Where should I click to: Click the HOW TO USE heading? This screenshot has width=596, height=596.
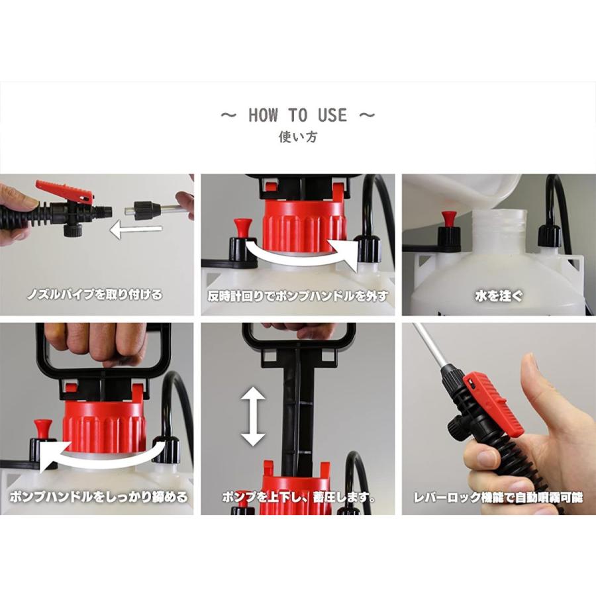tap(297, 115)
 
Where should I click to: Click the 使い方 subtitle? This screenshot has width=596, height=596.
tap(297, 137)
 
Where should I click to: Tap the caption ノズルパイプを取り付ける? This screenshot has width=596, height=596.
tap(95, 295)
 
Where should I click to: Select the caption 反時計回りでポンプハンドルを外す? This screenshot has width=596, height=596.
tap(298, 296)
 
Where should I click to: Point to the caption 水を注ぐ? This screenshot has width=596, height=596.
tap(499, 295)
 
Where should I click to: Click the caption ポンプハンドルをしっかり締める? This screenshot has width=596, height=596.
tap(98, 497)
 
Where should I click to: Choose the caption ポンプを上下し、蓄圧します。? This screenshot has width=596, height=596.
tap(299, 497)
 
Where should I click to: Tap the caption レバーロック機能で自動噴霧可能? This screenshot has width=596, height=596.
tap(498, 497)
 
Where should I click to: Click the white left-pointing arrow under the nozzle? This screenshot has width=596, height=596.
tap(136, 230)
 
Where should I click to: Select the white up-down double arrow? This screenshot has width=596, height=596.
tap(253, 417)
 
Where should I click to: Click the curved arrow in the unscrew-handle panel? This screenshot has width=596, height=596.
tap(300, 254)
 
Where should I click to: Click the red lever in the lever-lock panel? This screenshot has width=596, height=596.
tap(494, 402)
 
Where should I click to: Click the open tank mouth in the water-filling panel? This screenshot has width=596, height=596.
tap(499, 230)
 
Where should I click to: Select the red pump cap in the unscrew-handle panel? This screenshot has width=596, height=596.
tap(305, 225)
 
